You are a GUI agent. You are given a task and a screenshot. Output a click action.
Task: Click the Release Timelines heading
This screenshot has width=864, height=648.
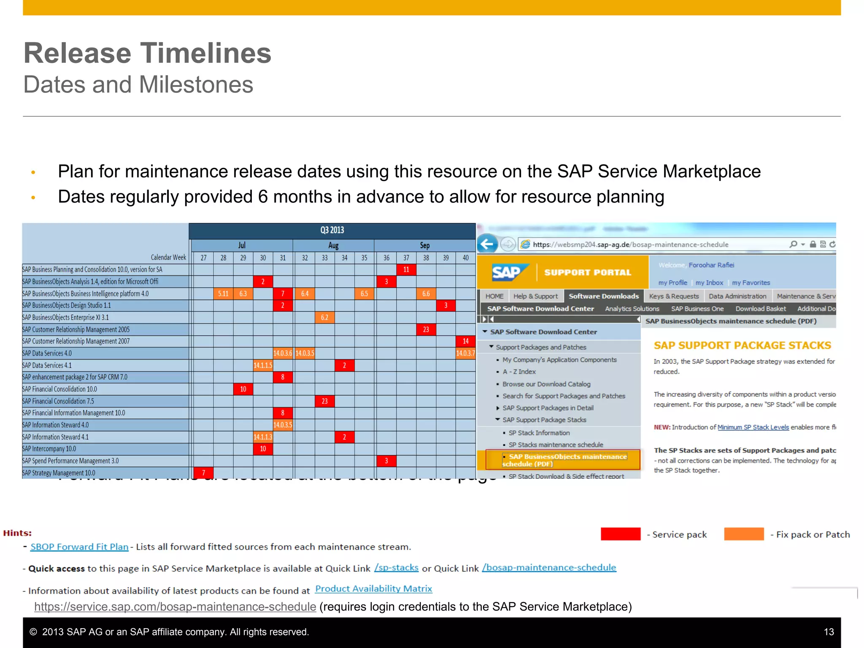[x=147, y=53]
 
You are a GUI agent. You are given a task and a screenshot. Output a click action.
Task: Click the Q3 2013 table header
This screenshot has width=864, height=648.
[x=332, y=230]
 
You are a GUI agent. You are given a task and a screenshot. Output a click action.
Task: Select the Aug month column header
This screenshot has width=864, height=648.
[x=333, y=246]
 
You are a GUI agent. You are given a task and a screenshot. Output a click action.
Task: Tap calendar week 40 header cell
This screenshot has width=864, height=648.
[x=465, y=258]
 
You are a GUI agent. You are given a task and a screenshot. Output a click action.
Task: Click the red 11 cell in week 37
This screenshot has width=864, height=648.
[x=406, y=270]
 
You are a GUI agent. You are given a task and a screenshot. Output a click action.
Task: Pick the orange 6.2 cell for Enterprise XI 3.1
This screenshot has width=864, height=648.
[x=324, y=317]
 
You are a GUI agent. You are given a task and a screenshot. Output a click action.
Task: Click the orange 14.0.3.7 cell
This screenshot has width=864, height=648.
[x=465, y=353]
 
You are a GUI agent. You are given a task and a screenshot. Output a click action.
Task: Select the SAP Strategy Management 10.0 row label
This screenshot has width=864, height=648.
[x=59, y=473]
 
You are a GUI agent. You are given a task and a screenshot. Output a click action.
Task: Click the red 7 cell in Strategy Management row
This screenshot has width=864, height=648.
[x=203, y=473]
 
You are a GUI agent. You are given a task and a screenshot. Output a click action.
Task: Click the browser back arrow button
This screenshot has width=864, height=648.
[x=487, y=244]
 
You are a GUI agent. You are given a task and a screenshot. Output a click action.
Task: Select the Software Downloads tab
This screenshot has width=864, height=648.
[x=603, y=296]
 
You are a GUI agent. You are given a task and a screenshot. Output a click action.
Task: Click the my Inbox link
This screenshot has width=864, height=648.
[x=709, y=283]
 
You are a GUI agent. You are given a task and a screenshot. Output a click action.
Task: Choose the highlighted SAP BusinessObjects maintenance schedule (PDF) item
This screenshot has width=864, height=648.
[x=564, y=460]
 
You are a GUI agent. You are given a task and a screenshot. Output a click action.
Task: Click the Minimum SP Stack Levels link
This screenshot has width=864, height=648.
[x=753, y=427]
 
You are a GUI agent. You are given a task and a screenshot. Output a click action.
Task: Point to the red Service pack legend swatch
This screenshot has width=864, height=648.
[x=620, y=534]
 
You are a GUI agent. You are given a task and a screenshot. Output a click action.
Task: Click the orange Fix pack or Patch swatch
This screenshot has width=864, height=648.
[x=743, y=534]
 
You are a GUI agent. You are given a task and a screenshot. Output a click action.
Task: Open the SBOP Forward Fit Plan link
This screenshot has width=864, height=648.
[x=79, y=547]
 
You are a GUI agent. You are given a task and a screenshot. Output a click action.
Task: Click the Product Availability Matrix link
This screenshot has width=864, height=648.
[x=373, y=589]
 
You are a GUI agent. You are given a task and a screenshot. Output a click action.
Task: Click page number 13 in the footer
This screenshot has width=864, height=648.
[x=829, y=632]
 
